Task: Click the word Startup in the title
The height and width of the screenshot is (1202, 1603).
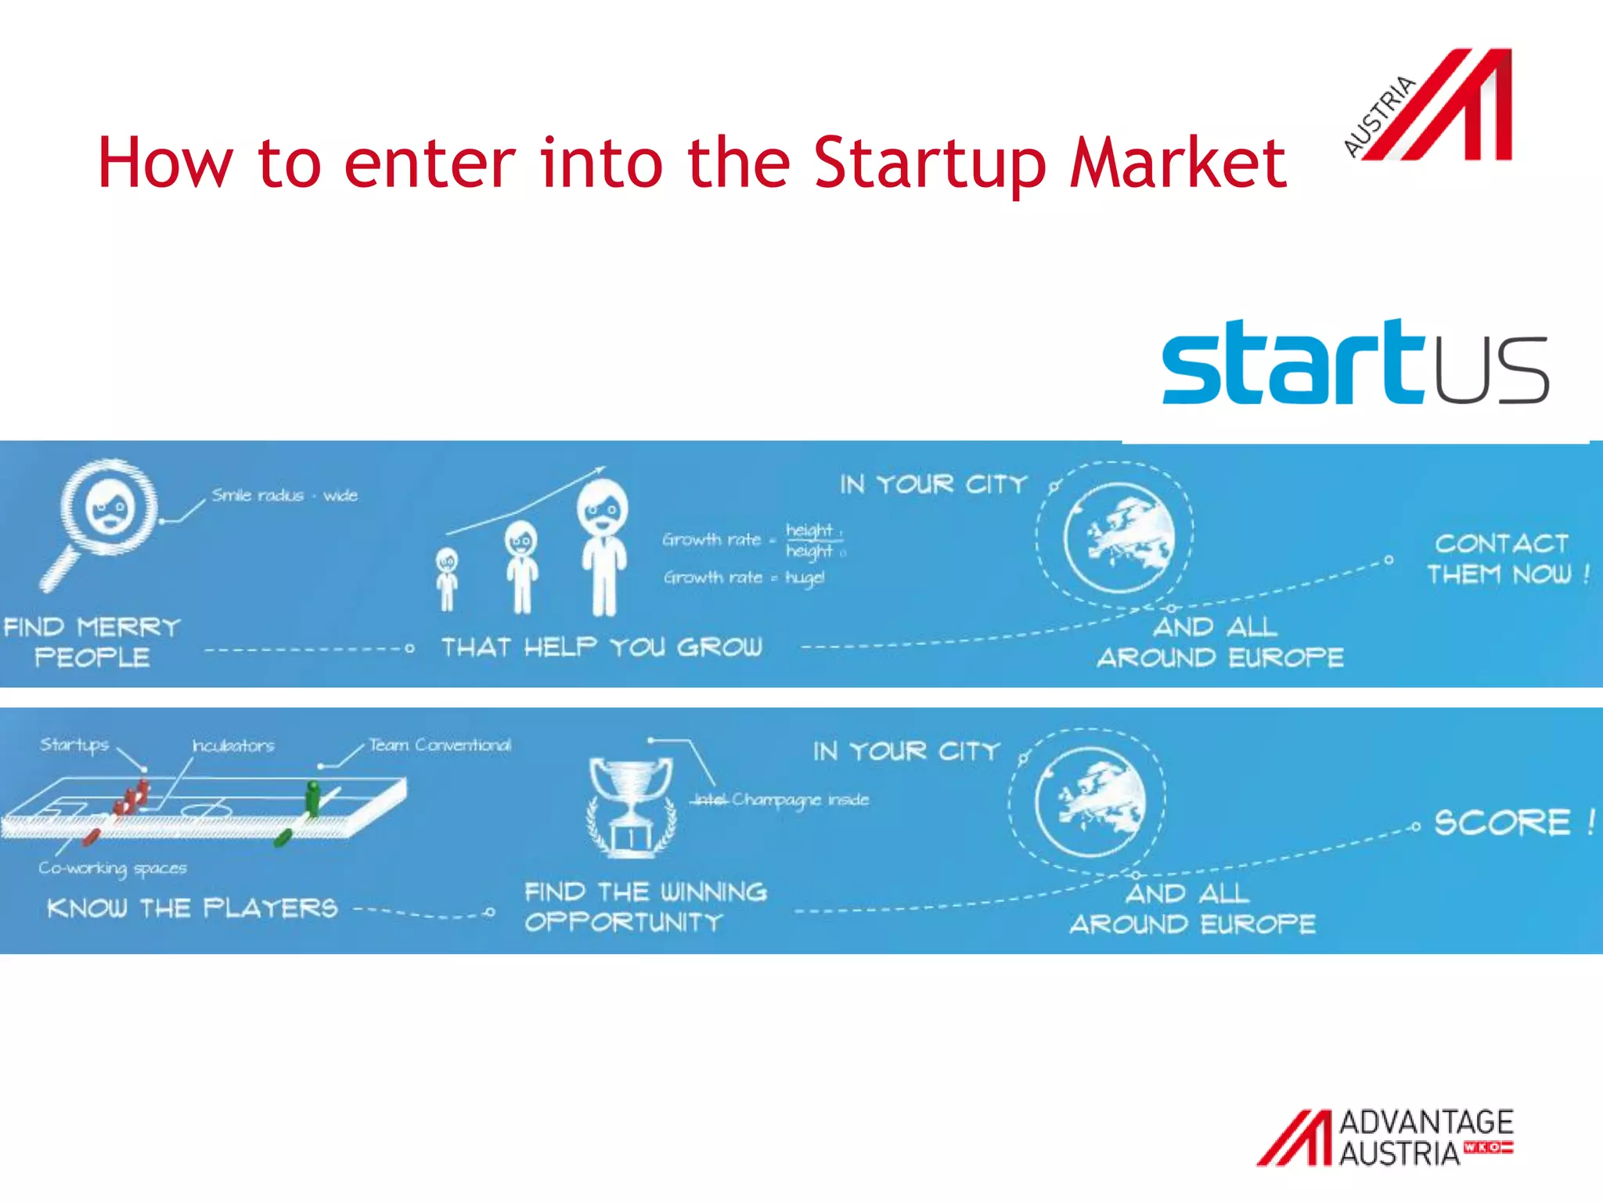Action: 930,164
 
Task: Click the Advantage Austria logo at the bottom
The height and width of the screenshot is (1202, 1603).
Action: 1385,1137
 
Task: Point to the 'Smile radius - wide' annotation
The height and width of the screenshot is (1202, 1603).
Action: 284,495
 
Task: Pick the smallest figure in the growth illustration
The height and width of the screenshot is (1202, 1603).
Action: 447,580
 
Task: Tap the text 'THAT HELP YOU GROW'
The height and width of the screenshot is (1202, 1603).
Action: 601,647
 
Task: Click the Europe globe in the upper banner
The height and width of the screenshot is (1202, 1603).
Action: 1118,537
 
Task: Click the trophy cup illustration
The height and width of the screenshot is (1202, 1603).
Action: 631,806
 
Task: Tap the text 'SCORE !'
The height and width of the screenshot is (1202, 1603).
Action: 1512,822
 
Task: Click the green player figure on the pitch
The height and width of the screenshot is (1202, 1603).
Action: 313,798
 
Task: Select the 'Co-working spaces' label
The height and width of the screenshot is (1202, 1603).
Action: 113,868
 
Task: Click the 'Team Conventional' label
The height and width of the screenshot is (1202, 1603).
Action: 440,745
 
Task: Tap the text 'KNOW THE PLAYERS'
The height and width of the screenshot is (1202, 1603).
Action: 193,909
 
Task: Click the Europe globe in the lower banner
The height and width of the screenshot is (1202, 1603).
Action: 1090,803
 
